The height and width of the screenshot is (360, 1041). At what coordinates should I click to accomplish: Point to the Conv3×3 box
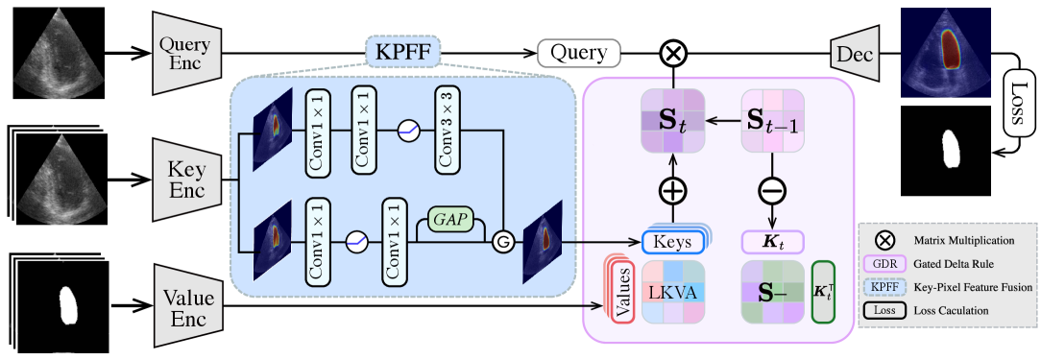[447, 130]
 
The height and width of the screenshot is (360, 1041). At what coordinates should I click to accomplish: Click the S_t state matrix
[672, 122]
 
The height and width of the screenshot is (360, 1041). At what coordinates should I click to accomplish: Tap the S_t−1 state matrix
[773, 122]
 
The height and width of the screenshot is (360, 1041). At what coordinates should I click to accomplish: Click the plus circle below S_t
[672, 191]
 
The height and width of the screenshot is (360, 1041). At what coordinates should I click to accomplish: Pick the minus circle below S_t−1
[773, 191]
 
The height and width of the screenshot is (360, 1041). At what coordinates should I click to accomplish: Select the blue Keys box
[672, 242]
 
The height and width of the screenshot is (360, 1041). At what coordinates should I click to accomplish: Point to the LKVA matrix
[672, 291]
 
